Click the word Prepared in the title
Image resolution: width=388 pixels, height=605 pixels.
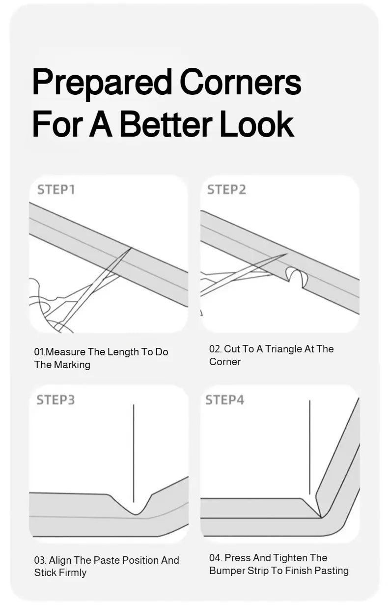[102, 83]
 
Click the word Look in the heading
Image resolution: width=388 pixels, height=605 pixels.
[257, 124]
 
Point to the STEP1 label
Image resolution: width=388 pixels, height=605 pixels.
[56, 190]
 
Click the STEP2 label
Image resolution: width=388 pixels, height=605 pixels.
[226, 190]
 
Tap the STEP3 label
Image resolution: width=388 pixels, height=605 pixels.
[55, 400]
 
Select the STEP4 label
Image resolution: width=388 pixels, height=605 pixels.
[225, 400]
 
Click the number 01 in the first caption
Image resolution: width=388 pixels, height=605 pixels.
[39, 352]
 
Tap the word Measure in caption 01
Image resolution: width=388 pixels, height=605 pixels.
[65, 352]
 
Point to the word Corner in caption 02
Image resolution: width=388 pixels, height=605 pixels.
[225, 362]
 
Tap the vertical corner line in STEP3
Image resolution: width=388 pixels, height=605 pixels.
[134, 454]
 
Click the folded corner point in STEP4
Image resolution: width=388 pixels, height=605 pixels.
[321, 517]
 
